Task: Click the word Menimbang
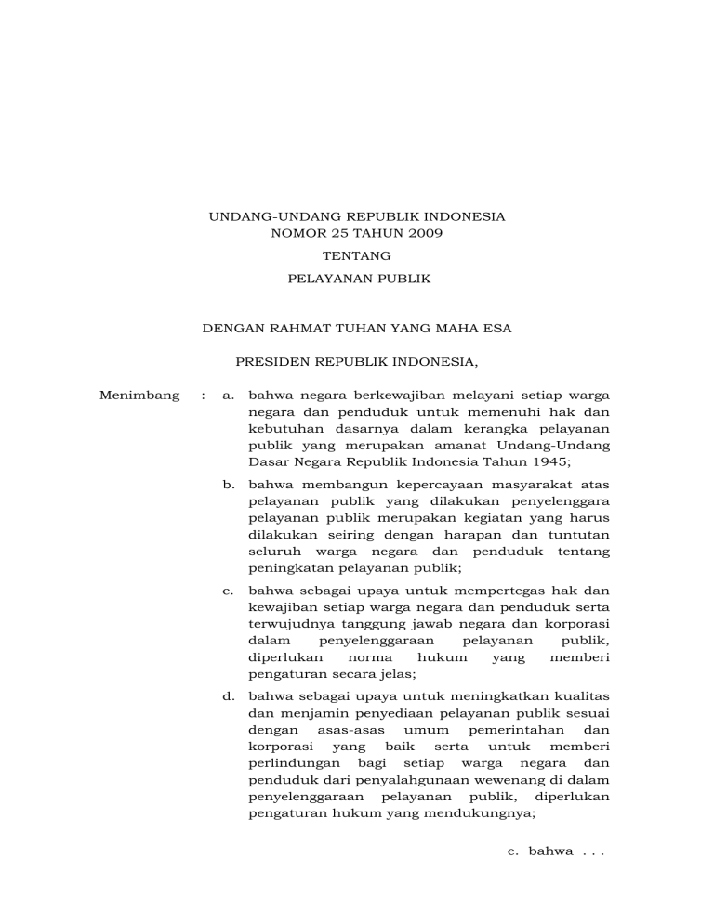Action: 139,396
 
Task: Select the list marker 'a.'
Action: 229,396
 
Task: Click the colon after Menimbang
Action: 203,396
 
